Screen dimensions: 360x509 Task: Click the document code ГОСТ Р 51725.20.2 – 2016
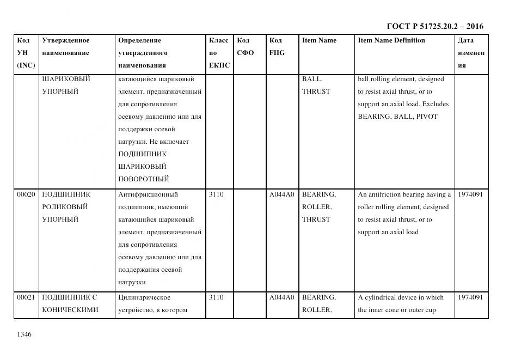(x=434, y=26)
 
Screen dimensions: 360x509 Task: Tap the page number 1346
(x=24, y=334)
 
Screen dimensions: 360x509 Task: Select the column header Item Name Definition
(x=391, y=40)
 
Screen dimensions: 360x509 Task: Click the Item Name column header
(x=319, y=40)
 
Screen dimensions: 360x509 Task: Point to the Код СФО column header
(x=245, y=46)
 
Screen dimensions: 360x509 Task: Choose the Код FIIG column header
(x=277, y=46)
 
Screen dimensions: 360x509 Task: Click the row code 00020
(x=26, y=194)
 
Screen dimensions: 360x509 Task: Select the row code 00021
(x=26, y=297)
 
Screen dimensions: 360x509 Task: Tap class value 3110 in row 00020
(x=216, y=194)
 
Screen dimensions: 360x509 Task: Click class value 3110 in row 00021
(x=216, y=297)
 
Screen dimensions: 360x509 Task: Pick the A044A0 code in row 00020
(x=281, y=194)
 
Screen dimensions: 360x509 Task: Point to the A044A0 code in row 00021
(x=281, y=297)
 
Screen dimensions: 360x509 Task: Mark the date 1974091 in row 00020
(x=471, y=194)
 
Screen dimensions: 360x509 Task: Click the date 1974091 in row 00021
(x=471, y=297)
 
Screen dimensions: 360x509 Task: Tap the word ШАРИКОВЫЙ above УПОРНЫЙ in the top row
(x=66, y=79)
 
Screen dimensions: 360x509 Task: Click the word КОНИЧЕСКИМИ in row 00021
(x=70, y=310)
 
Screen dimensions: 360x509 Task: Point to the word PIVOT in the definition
(x=427, y=117)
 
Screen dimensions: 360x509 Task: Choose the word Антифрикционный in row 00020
(x=148, y=194)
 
